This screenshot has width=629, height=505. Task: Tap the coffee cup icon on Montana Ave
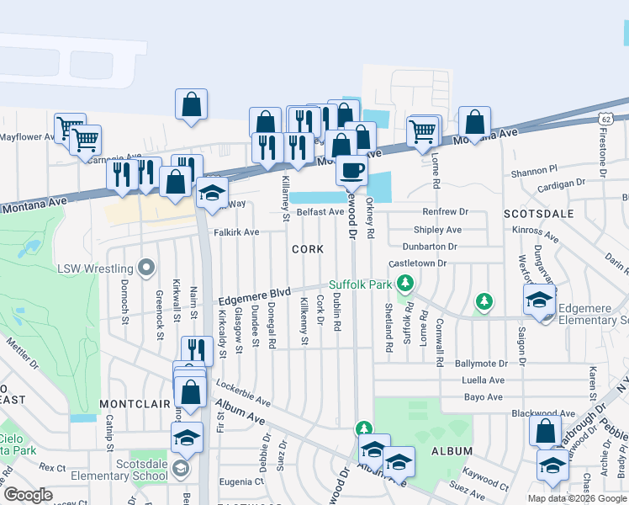point(351,169)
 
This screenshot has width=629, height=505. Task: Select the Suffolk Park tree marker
point(406,284)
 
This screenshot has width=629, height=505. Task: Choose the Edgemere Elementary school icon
point(539,300)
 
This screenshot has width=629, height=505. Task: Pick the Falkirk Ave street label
point(236,231)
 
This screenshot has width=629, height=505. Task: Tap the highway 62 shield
point(605,119)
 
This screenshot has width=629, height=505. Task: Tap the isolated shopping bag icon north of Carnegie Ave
point(192,104)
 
